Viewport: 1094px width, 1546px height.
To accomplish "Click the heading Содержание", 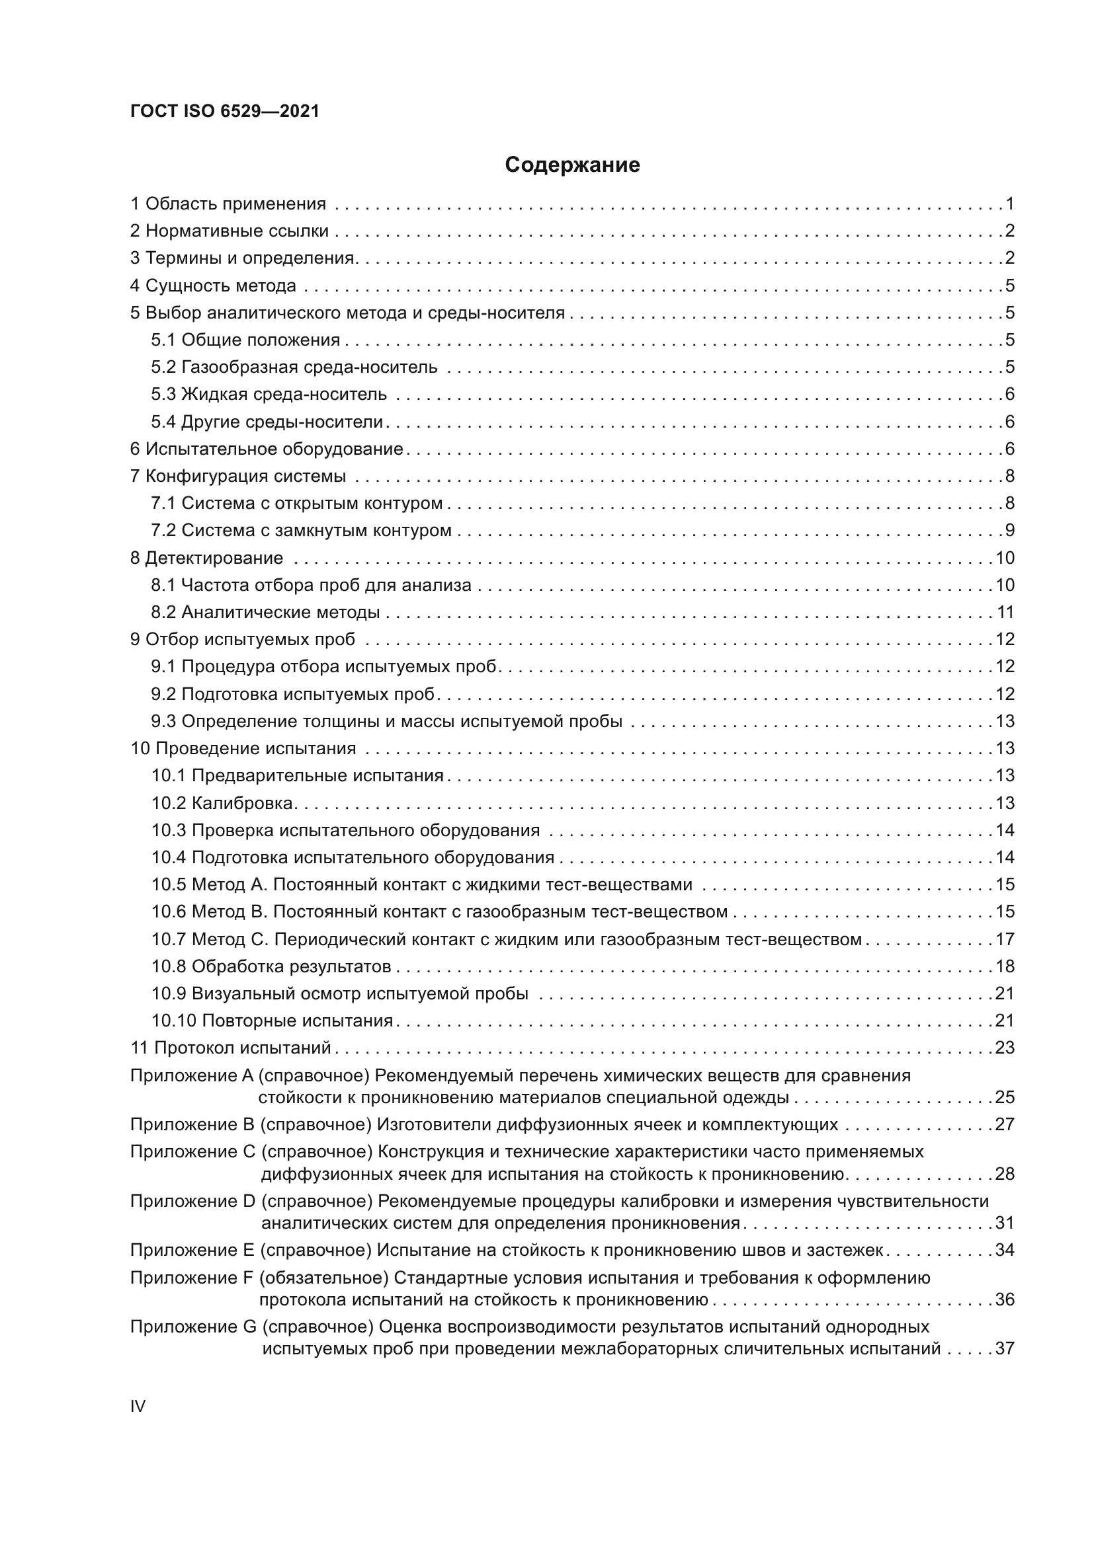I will point(572,165).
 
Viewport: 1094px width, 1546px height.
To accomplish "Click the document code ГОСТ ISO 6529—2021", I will point(224,111).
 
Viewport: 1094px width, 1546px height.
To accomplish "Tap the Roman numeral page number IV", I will point(138,1406).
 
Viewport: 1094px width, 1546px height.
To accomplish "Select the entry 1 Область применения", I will point(228,204).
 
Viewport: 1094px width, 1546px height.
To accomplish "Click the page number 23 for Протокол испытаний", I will point(1005,1048).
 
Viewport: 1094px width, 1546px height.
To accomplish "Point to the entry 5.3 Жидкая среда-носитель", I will point(269,394).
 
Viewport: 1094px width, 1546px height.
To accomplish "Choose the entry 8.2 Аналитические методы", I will point(265,612).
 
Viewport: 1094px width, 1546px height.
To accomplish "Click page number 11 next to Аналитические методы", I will point(1005,612).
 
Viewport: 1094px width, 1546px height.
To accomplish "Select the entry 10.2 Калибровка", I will point(222,803).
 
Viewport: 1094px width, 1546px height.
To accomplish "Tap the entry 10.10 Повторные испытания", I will point(272,1021).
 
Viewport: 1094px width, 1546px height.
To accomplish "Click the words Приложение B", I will point(192,1124).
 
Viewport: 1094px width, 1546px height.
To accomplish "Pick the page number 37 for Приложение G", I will point(1005,1349).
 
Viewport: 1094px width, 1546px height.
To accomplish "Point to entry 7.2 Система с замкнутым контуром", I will point(301,531).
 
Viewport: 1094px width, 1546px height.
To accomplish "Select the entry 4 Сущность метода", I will point(213,286).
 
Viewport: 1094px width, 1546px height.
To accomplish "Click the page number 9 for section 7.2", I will point(1010,531).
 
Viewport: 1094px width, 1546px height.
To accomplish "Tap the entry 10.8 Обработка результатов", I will point(271,967).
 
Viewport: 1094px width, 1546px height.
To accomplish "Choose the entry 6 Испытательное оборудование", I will point(267,449).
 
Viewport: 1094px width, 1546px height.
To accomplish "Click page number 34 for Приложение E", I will point(1005,1251).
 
